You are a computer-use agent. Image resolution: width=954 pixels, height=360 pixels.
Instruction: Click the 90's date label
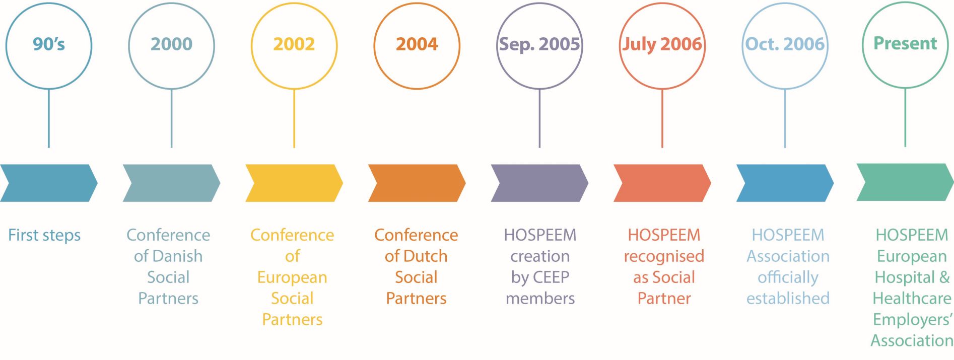pos(49,44)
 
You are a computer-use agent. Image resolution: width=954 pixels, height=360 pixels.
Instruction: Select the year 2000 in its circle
pos(171,44)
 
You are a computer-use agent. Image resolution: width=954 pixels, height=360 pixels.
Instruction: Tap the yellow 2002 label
pos(294,44)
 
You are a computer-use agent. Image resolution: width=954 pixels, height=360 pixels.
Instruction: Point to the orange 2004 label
pos(417,44)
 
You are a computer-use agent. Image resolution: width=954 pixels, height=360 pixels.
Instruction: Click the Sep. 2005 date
pos(539,44)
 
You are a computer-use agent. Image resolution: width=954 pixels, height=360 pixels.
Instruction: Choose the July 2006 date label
pos(662,44)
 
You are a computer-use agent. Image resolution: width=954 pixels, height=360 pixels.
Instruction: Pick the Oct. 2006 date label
pos(785,44)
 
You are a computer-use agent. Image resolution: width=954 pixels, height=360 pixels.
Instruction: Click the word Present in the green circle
pos(905,43)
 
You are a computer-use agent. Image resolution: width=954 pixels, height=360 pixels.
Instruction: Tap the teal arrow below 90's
pos(49,183)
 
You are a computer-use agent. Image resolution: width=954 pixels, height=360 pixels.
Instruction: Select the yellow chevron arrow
pos(294,183)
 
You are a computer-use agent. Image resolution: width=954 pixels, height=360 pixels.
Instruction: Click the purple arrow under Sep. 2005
pos(539,183)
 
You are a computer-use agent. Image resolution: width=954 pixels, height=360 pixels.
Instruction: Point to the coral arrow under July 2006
pos(662,183)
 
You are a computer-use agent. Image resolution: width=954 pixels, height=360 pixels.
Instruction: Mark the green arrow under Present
pos(905,182)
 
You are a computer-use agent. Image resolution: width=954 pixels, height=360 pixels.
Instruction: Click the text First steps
pos(44,235)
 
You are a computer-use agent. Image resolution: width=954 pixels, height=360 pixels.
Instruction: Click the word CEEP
pos(551,277)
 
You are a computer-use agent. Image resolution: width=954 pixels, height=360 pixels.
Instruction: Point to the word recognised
pos(664,257)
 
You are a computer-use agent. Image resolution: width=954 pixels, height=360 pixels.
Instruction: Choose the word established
pos(788,299)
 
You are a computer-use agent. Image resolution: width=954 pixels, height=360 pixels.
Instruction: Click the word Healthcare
pos(912,299)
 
